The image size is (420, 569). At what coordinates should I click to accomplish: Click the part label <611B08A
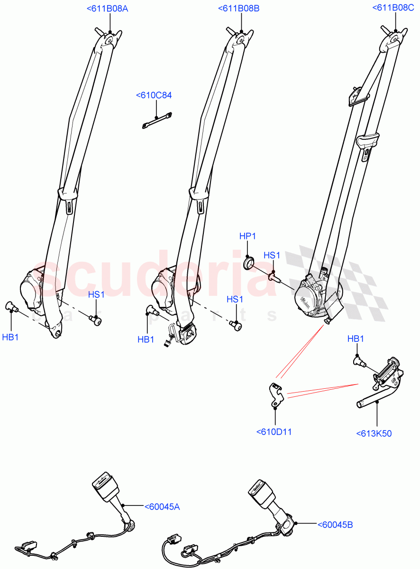pos(108,8)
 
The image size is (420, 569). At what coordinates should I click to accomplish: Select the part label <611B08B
pos(238,8)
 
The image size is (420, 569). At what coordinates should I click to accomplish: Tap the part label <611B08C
pos(393,8)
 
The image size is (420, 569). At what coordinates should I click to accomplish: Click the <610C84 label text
pos(154,95)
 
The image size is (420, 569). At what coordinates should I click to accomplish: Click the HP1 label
pos(247,236)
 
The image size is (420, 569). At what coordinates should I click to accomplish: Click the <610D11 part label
pos(274,432)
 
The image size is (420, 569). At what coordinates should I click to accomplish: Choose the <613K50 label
pos(374,433)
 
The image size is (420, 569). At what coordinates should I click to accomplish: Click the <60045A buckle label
pos(162,506)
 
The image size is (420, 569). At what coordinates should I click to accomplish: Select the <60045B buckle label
pos(335,524)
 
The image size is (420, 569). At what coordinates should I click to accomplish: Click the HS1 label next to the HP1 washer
pos(272,255)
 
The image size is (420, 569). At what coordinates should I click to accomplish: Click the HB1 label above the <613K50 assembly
pos(356,339)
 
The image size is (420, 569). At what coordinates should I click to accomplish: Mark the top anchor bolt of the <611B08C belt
pos(384,30)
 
